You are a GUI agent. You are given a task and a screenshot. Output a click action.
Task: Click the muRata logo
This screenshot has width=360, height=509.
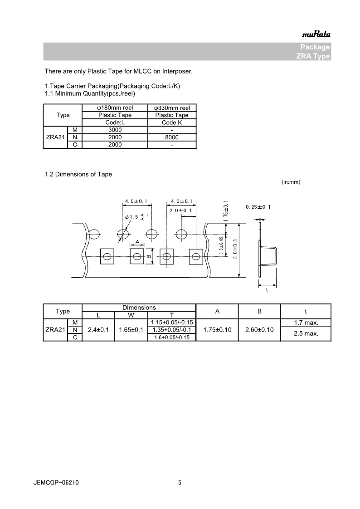[316, 34]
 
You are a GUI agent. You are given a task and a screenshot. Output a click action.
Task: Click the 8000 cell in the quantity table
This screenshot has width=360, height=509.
[172, 137]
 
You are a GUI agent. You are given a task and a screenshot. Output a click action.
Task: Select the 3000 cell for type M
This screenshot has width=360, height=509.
[115, 130]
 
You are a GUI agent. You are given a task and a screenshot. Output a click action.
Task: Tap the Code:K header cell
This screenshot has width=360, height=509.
[172, 122]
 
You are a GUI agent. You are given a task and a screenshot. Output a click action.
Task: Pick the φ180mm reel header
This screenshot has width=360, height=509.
[115, 108]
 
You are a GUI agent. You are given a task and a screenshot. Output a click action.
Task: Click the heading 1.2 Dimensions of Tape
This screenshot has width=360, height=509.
[78, 174]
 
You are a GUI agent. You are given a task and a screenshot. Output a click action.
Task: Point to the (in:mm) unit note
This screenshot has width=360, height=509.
[291, 182]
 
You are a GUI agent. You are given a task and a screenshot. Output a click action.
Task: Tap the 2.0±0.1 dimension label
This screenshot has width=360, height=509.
[180, 211]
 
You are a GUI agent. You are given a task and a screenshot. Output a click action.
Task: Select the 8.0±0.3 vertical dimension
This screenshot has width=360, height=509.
[235, 249]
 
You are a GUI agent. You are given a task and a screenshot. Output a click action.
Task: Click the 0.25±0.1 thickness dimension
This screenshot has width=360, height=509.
[258, 207]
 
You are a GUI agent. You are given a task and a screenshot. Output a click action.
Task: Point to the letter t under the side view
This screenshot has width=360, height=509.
[267, 290]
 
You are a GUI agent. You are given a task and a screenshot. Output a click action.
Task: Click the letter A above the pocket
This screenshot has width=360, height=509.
[137, 241]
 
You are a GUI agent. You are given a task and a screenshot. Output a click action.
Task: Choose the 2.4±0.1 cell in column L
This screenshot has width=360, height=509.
[98, 330]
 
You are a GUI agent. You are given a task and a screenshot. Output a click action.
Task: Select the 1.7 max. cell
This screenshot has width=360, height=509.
[306, 323]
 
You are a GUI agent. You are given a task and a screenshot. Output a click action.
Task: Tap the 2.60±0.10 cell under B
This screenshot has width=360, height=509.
[259, 330]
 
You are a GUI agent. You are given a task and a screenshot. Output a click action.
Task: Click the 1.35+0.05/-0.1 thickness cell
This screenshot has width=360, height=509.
[171, 330]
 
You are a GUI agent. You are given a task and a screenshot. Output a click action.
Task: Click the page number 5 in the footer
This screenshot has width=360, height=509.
[180, 483]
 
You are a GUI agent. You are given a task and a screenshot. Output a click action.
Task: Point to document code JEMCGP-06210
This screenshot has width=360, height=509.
[56, 483]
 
